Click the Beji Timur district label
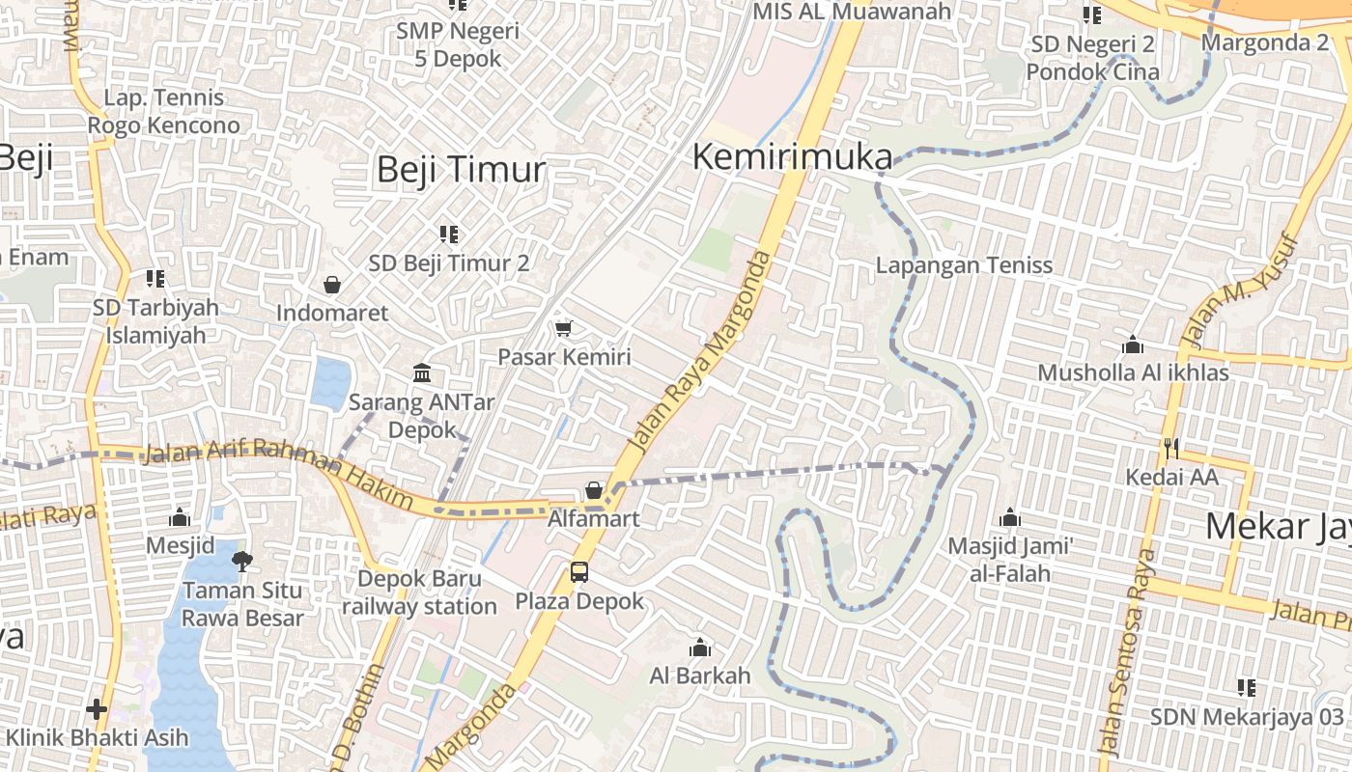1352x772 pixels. click(461, 170)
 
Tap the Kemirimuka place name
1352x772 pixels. click(792, 156)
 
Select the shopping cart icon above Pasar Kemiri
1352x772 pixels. click(564, 328)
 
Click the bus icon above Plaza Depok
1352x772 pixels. click(578, 571)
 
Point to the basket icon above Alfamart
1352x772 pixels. click(594, 490)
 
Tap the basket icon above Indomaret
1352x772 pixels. click(332, 285)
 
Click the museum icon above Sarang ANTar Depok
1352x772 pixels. click(422, 372)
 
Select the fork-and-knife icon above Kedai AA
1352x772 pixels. click(1171, 448)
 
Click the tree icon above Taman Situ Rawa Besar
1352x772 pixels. click(242, 561)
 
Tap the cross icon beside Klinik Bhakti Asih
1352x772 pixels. click(97, 709)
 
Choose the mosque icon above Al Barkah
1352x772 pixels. click(700, 648)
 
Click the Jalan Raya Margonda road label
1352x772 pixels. click(701, 351)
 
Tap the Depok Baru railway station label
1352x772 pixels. click(419, 593)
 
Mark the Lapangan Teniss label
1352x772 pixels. click(964, 265)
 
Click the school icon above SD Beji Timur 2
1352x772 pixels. click(449, 234)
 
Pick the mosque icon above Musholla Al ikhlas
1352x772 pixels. click(1133, 345)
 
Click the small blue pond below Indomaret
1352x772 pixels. click(331, 382)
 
